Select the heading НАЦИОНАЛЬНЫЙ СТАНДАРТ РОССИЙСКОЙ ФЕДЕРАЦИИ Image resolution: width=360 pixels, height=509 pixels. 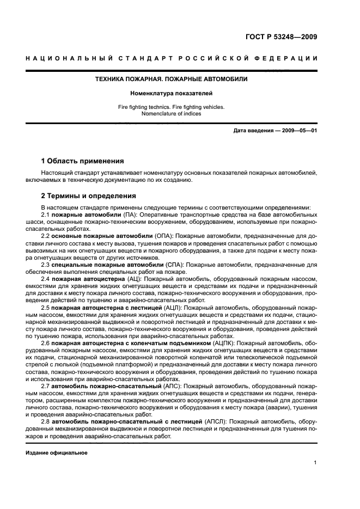click(172, 59)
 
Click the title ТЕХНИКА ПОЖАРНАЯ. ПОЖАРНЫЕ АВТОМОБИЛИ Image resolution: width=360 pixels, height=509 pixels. click(172, 79)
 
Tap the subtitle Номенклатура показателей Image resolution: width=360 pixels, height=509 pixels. click(172, 94)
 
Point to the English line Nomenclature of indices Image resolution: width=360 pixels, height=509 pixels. click(172, 114)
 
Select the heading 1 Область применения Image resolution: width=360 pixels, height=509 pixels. click(83, 161)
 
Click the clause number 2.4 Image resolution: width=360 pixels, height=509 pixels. click(45, 279)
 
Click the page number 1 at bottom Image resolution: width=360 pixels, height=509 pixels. click(315, 463)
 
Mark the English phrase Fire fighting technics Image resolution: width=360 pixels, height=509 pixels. click(147, 107)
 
